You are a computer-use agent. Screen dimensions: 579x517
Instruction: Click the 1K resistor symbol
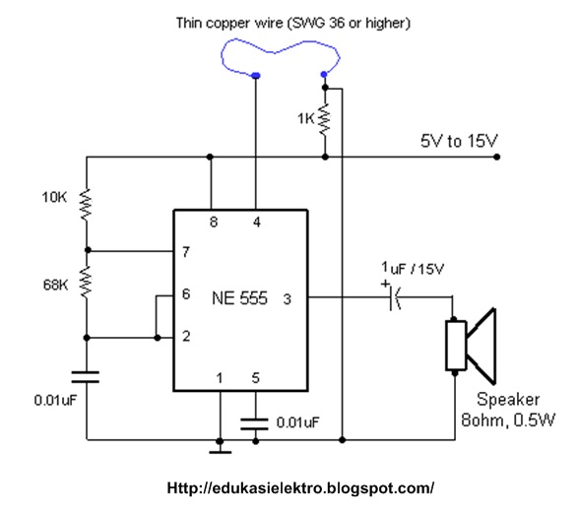(325, 120)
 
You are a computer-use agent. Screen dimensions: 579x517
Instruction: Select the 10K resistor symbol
(86, 205)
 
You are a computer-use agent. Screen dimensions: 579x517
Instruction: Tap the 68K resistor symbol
(86, 282)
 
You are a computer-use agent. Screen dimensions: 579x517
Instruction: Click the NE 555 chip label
(239, 298)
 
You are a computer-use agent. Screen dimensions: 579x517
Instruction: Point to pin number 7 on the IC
(186, 252)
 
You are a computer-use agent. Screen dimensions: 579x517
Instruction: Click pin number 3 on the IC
(288, 299)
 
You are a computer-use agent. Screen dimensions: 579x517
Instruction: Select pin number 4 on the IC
(257, 222)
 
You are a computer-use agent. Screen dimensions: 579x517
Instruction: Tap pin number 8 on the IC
(214, 222)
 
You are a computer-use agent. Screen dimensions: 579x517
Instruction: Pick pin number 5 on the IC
(256, 378)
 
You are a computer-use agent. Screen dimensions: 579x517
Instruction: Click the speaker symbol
(471, 346)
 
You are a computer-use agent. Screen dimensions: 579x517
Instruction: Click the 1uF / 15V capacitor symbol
(394, 297)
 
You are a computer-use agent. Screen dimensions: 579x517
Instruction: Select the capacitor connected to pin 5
(254, 423)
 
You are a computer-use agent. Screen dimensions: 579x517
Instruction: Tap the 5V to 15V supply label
(459, 141)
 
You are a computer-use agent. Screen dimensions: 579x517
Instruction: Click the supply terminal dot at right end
(497, 157)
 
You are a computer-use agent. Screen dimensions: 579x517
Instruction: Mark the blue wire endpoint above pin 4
(256, 76)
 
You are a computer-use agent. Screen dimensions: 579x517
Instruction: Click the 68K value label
(55, 285)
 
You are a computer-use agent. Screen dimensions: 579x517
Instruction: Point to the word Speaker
(508, 400)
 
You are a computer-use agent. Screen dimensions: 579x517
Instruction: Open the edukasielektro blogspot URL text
(300, 488)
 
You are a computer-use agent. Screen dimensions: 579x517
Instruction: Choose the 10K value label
(54, 197)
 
